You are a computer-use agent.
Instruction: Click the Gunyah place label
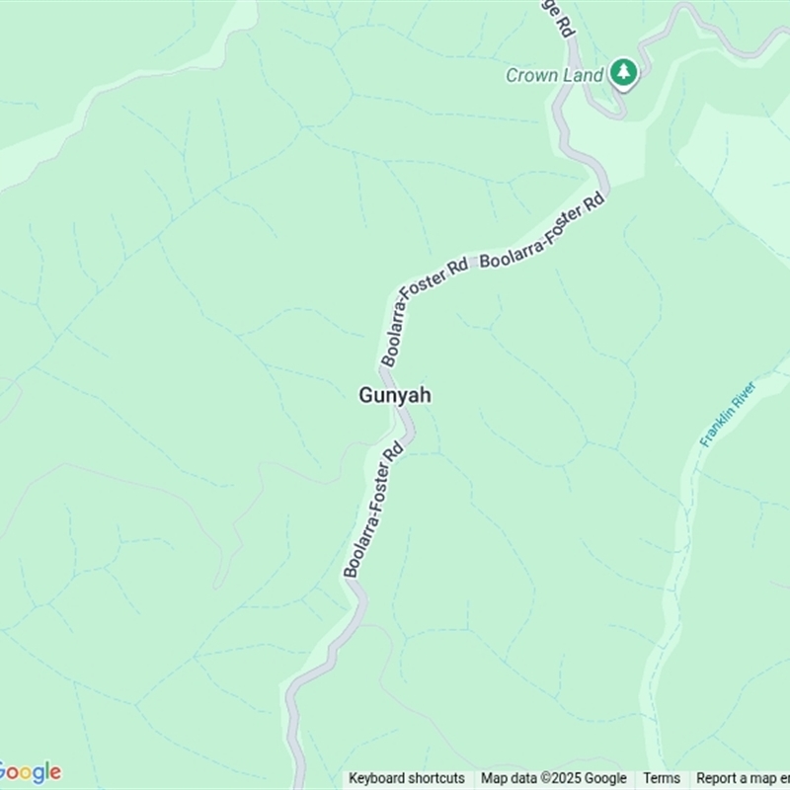coord(394,395)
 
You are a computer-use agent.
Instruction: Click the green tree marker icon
coord(623,71)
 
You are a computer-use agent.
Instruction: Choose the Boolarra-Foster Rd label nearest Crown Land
coord(541,233)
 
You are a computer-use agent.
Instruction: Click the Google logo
coord(30,772)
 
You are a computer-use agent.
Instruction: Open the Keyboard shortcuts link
coord(407,778)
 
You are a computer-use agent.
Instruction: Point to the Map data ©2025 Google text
coord(554,778)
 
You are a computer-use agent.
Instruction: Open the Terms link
coord(662,778)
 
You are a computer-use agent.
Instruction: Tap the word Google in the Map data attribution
coord(604,778)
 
